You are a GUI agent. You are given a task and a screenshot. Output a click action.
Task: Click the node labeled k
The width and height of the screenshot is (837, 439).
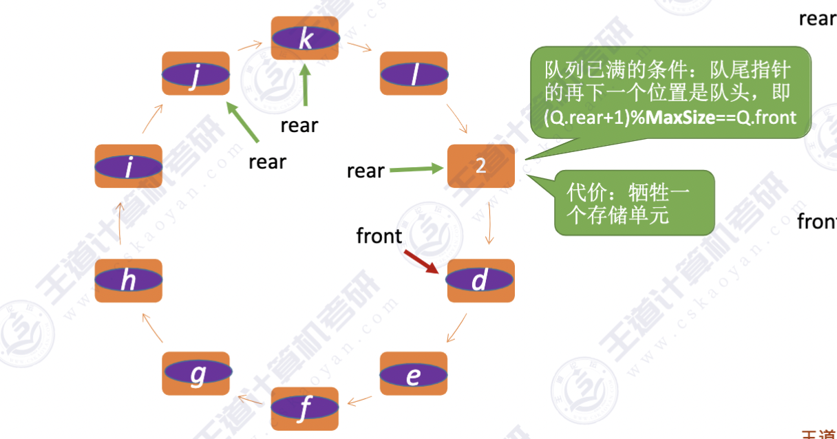[x=305, y=39]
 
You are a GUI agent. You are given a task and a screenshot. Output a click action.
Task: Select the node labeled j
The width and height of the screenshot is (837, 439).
[x=195, y=74]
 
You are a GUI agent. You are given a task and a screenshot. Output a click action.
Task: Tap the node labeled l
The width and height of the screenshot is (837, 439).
[x=414, y=74]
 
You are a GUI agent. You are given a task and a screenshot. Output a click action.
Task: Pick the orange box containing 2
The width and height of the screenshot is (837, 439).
[x=481, y=166]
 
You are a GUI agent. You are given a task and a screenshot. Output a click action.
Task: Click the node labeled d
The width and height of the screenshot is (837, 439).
[x=480, y=280]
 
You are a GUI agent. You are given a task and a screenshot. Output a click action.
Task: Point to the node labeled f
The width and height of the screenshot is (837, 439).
[x=305, y=409]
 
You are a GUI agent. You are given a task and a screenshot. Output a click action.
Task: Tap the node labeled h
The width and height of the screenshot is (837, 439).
[x=128, y=280]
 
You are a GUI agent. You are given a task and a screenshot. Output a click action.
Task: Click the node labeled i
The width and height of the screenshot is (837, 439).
[x=128, y=166]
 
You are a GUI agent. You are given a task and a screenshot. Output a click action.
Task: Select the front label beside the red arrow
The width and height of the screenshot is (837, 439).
[x=379, y=236]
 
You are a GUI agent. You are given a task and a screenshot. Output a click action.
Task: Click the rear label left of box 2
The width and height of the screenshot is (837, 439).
[x=365, y=171]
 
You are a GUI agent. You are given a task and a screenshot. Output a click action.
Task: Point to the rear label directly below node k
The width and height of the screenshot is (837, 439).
[x=299, y=125]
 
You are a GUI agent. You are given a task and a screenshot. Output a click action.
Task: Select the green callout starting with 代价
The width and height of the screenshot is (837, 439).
[x=633, y=202]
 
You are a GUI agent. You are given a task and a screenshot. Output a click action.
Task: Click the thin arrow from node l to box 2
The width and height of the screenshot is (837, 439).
[x=457, y=119]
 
